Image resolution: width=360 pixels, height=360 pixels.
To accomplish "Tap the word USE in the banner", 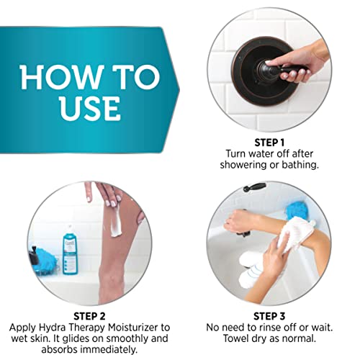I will tap(90, 107).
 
